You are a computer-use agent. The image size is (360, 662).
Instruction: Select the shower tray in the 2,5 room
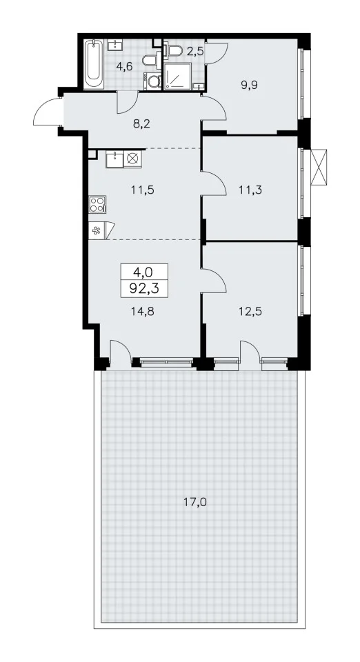coord(178,77)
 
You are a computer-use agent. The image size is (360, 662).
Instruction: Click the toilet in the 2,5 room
coord(173,51)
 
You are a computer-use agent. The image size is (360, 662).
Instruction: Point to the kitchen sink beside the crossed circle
coord(114,159)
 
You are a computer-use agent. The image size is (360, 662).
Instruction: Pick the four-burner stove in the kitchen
coord(97,204)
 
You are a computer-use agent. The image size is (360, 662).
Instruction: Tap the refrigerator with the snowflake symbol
coord(97,230)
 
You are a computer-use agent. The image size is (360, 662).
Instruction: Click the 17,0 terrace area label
coord(195,503)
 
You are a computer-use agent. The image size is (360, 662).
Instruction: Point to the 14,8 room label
coord(143,312)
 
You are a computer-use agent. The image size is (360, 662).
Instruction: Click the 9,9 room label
coord(250,84)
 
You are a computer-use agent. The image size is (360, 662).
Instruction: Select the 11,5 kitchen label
coord(142,190)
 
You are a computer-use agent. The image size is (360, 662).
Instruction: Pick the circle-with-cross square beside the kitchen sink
coord(132,159)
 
